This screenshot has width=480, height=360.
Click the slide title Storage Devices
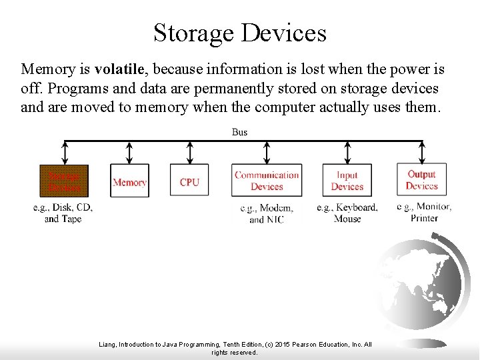(240, 32)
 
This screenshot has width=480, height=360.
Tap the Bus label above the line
(239, 132)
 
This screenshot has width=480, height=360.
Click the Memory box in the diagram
(129, 181)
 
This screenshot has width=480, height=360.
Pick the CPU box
(189, 181)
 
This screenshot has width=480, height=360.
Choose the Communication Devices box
(267, 181)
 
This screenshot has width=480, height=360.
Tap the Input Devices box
(347, 181)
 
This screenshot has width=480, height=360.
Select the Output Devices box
(421, 179)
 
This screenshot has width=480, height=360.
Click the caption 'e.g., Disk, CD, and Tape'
(63, 213)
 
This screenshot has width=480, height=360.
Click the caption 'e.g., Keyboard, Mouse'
(347, 213)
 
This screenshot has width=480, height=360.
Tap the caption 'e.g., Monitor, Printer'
(424, 212)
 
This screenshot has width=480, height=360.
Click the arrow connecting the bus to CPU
(189, 152)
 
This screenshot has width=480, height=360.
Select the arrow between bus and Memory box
(129, 152)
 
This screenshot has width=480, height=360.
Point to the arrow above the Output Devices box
(421, 151)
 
